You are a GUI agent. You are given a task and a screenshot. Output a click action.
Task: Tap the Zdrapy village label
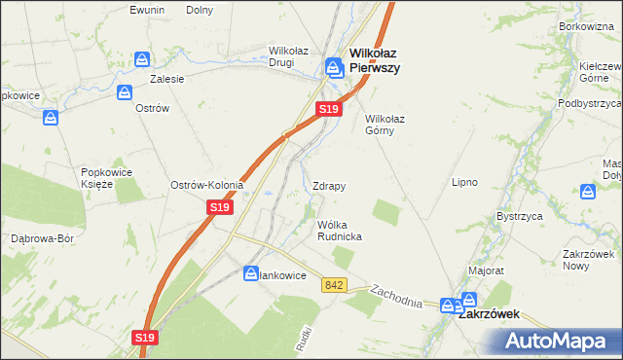point(329,185)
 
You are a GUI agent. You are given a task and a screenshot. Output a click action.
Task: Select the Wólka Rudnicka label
point(340,230)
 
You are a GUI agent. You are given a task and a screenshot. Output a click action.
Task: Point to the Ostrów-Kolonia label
point(206,185)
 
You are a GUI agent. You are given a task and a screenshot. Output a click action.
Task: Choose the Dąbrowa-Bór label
point(42,237)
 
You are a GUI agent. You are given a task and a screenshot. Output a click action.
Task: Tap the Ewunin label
point(148,10)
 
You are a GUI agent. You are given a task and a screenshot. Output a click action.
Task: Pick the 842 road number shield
point(335,284)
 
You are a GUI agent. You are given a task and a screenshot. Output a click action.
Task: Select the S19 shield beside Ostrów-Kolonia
point(220,207)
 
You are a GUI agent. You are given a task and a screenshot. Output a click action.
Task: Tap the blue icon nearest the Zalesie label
point(143,60)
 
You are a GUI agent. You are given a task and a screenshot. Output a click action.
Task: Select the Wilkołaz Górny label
point(385,125)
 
